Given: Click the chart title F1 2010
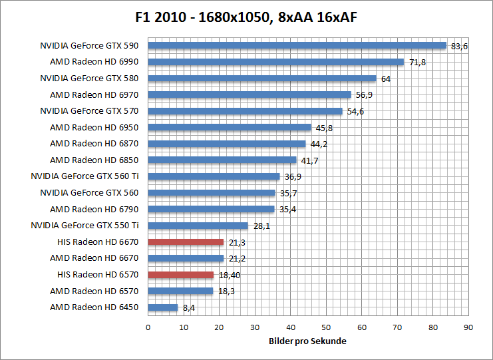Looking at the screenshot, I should [x=246, y=16].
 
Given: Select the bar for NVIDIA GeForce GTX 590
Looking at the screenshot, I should [x=297, y=46].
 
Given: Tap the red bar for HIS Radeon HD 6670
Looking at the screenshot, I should [x=186, y=242].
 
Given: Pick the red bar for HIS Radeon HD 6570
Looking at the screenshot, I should [x=180, y=274].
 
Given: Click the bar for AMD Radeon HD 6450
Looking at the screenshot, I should [x=162, y=307].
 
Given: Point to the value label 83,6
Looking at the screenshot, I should [x=460, y=47].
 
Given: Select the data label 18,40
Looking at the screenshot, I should [x=230, y=275].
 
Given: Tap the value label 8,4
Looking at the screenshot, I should [x=188, y=307].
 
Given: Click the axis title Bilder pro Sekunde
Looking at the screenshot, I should [x=308, y=341].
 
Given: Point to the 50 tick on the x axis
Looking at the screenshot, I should [x=326, y=327].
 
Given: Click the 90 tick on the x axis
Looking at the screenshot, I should [x=468, y=327].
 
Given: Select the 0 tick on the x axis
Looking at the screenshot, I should [x=148, y=327].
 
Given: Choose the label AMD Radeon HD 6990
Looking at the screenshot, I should [x=94, y=62].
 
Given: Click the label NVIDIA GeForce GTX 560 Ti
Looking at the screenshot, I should [x=85, y=176].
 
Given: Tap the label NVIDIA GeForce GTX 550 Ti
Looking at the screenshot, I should [x=85, y=226].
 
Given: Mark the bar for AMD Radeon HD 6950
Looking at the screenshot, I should [x=230, y=127].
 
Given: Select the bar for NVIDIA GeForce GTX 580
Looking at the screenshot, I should [x=262, y=79].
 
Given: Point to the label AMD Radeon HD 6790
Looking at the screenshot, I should [x=94, y=209].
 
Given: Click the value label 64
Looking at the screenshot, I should [x=386, y=79].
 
